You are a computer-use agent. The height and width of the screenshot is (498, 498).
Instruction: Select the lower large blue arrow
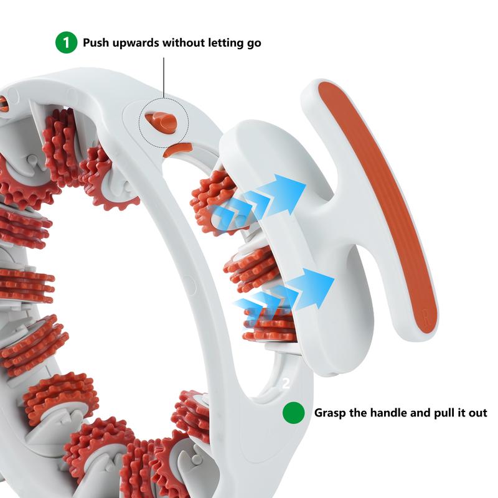(311, 288)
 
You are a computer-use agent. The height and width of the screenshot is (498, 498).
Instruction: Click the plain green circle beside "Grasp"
(294, 413)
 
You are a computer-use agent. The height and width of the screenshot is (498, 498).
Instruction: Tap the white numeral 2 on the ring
(286, 383)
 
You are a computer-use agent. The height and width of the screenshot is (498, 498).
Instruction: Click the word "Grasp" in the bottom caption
(331, 413)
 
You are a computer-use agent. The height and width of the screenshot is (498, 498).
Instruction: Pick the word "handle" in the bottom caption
(390, 413)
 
